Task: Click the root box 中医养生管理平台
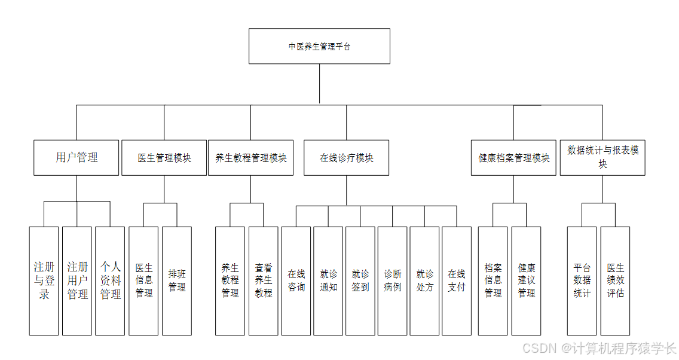(319, 46)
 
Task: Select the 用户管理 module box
(76, 158)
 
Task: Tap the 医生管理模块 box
(164, 158)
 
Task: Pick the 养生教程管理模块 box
(250, 158)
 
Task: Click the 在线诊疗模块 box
(346, 158)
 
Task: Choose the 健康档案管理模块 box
(513, 158)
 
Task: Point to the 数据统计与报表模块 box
(602, 158)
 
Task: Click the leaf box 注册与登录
(44, 280)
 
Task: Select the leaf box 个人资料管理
(110, 280)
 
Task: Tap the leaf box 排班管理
(177, 280)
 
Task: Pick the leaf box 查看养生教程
(264, 280)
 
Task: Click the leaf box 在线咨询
(296, 280)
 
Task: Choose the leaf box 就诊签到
(360, 280)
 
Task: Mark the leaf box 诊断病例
(393, 280)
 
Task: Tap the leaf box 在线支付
(457, 280)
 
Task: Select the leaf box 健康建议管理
(526, 280)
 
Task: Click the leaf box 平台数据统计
(582, 280)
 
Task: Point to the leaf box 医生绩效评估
(615, 280)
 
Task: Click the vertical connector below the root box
(319, 84)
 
